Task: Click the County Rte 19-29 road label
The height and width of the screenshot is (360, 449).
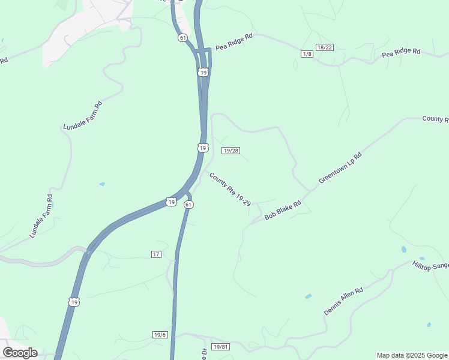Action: pyautogui.click(x=229, y=190)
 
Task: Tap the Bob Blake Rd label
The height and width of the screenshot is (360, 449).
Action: pyautogui.click(x=282, y=209)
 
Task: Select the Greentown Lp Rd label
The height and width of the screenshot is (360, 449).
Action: pyautogui.click(x=340, y=167)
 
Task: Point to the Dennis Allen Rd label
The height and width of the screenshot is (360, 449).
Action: pyautogui.click(x=344, y=301)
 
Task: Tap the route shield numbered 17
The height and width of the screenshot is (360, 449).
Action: pyautogui.click(x=156, y=254)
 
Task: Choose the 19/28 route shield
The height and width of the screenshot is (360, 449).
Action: pyautogui.click(x=231, y=151)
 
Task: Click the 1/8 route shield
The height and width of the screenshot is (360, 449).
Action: pyautogui.click(x=307, y=55)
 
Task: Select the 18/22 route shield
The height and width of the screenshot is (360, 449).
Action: pyautogui.click(x=325, y=47)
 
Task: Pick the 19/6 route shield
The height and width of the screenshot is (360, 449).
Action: pyautogui.click(x=160, y=335)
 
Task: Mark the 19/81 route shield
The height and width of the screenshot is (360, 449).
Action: pyautogui.click(x=221, y=347)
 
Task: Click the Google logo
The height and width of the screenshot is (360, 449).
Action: pyautogui.click(x=20, y=353)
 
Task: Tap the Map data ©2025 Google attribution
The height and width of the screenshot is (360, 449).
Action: pyautogui.click(x=412, y=355)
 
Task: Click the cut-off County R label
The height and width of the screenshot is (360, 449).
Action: pyautogui.click(x=435, y=119)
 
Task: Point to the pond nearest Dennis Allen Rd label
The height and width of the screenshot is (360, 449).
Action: pyautogui.click(x=308, y=296)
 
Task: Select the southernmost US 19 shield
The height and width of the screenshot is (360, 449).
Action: pyautogui.click(x=73, y=301)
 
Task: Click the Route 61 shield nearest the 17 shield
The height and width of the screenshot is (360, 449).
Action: pyautogui.click(x=188, y=205)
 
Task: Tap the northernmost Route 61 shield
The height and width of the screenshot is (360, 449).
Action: pyautogui.click(x=182, y=37)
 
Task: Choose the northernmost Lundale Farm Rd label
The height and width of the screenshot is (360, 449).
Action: pyautogui.click(x=83, y=116)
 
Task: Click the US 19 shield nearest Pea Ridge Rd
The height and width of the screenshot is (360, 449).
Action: pyautogui.click(x=203, y=72)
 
